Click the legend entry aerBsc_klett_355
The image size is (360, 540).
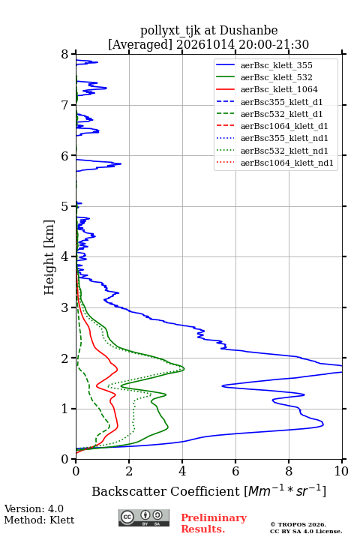point(276,65)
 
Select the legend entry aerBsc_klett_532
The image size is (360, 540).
point(276,77)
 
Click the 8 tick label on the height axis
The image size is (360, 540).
point(65,55)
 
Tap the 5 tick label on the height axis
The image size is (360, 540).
point(65,207)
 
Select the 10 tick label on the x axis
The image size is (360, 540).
point(341,471)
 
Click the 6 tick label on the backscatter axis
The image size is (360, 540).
point(235,471)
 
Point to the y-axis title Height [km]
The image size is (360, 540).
point(49,257)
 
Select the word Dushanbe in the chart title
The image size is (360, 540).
point(248,31)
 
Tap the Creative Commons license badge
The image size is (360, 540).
point(144,518)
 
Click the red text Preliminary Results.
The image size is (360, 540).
point(214,523)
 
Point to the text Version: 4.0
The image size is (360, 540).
point(34,508)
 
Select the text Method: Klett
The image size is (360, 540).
point(39,520)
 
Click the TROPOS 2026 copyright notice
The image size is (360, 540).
point(298,524)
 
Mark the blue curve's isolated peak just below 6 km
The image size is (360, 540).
point(121,163)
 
